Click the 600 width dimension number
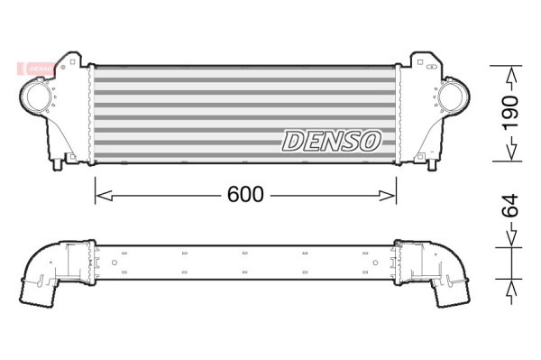(245, 194)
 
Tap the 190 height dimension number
(510, 113)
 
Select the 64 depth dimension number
(510, 206)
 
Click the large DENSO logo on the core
(332, 141)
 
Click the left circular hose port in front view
(37, 97)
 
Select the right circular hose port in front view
(452, 95)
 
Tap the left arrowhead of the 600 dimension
(104, 196)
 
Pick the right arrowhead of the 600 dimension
(387, 196)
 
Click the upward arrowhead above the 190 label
(511, 75)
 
